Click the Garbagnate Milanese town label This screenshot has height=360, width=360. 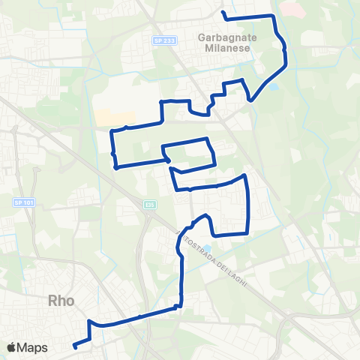point(226,41)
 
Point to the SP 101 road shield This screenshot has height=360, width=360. point(22,202)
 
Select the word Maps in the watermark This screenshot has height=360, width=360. point(34,347)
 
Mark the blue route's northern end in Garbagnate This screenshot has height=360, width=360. point(223,13)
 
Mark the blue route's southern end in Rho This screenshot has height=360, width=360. point(74,346)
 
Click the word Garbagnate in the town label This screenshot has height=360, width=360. point(226,35)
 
